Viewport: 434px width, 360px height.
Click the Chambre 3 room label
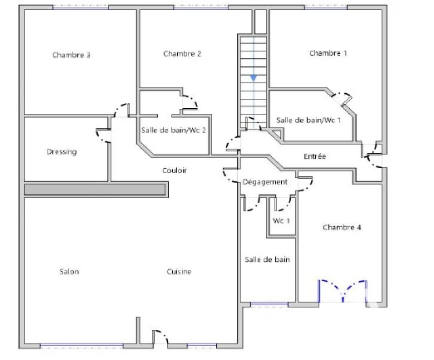point(72,55)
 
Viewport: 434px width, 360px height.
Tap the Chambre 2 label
point(182,53)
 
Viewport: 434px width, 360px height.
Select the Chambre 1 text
point(328,53)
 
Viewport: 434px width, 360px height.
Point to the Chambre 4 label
point(342,227)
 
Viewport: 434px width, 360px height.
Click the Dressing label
point(62,152)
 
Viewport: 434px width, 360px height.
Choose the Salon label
point(69,271)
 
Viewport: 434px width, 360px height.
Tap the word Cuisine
point(179,271)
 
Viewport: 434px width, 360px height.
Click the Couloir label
point(175,170)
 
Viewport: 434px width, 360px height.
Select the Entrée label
point(314,156)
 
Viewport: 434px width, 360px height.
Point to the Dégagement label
point(264,182)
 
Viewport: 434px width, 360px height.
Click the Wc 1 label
point(281,220)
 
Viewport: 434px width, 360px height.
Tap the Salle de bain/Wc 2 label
point(174,130)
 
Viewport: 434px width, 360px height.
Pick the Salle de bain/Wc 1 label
point(308,120)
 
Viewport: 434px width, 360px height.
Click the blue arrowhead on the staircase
point(254,78)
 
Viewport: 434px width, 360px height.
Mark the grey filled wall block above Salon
point(95,190)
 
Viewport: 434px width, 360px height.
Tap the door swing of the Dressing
point(103,136)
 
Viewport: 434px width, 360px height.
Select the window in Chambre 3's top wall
point(81,7)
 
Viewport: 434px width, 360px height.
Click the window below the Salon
point(81,346)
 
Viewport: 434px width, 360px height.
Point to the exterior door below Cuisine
point(160,337)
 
